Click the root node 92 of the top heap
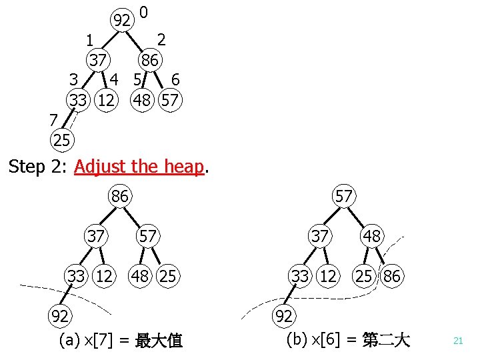tap(121, 20)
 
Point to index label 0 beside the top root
tap(145, 12)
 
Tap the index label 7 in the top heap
tap(53, 120)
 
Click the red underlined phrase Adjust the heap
tap(138, 167)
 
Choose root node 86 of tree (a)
tap(120, 197)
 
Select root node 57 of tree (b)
tap(344, 197)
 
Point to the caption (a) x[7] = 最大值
tap(121, 341)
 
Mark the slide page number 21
tap(458, 341)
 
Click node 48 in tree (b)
tap(372, 235)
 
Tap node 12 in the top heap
tap(105, 101)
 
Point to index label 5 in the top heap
tap(137, 80)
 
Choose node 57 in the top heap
tap(169, 101)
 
